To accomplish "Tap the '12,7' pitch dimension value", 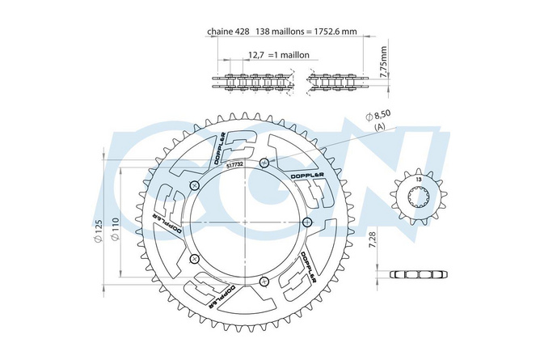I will pyautogui.click(x=257, y=56).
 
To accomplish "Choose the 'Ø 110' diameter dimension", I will pyautogui.click(x=116, y=235).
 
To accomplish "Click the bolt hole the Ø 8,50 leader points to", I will pyautogui.click(x=264, y=163).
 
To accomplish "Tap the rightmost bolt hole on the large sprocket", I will pyautogui.click(x=306, y=222).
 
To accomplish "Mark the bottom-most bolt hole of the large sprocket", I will pyautogui.click(x=264, y=281).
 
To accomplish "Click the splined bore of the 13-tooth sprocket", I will pyautogui.click(x=417, y=198).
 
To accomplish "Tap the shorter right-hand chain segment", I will pyautogui.click(x=338, y=83).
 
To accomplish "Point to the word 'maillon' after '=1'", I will pyautogui.click(x=293, y=56).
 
